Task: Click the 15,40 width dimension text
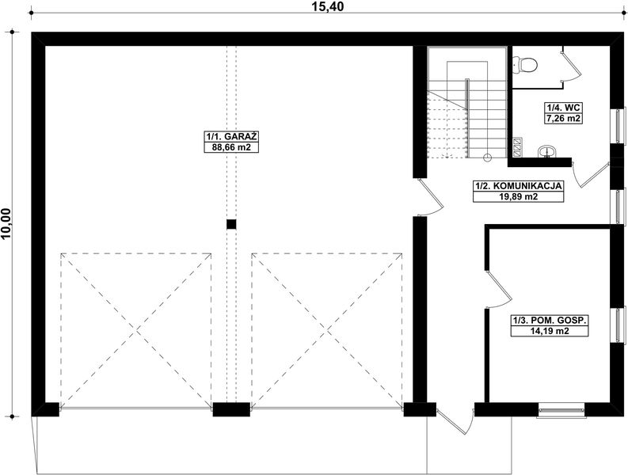(321, 8)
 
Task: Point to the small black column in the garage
(231, 224)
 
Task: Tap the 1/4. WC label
(563, 108)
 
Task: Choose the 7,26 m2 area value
(563, 118)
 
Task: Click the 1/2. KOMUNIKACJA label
(518, 187)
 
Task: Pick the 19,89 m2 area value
(518, 197)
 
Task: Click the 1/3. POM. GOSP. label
(550, 321)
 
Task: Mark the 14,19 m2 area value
(550, 332)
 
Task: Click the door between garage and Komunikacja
(431, 198)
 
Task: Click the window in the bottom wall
(561, 410)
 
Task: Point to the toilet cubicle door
(567, 63)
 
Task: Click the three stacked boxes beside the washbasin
(517, 145)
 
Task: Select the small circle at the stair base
(488, 158)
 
